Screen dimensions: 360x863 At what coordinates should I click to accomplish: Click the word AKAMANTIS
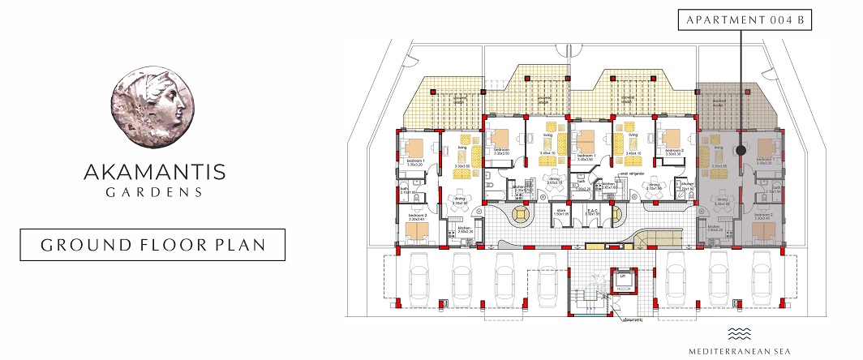pos(154,172)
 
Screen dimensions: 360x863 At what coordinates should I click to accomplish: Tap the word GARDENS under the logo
pos(154,193)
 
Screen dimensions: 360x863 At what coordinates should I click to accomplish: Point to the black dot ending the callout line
pos(741,149)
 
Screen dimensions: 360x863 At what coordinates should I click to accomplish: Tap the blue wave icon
pos(739,333)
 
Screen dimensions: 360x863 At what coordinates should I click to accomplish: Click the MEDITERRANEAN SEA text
pos(739,351)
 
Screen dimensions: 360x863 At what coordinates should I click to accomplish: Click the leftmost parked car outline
pos(421,278)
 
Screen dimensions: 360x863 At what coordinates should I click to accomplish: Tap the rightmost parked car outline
pos(762,278)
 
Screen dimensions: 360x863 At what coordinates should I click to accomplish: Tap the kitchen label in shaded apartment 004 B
pos(714,229)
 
